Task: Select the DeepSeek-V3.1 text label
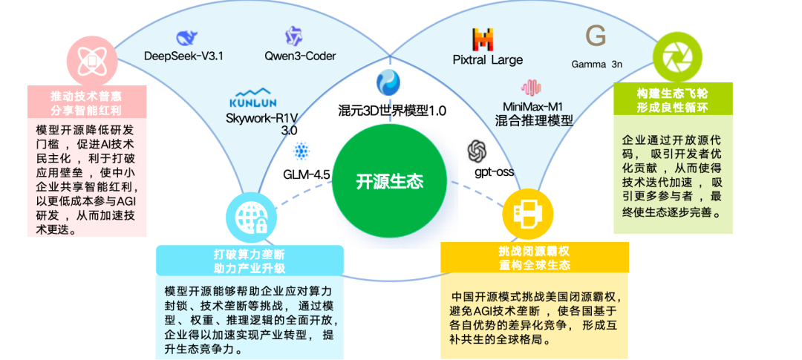pos(183,56)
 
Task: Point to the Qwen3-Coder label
pos(300,56)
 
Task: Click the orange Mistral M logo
pos(483,39)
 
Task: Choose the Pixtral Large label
pos(488,60)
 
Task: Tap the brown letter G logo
pos(596,36)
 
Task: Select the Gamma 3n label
pos(596,64)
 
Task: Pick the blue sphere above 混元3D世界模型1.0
pos(388,82)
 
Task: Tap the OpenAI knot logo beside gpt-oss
pos(477,151)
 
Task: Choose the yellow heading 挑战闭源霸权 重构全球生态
pos(535,258)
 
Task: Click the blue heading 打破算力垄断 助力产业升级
pos(250,261)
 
